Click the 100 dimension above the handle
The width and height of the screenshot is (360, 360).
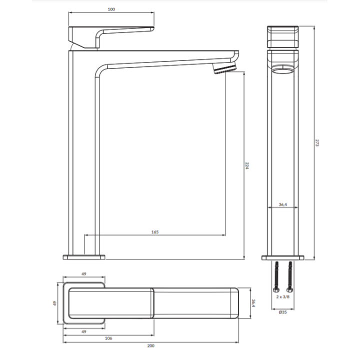(111, 9)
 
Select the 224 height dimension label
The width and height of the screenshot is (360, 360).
(247, 165)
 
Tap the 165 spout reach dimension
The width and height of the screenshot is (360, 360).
(155, 232)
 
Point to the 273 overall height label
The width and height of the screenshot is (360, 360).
(317, 142)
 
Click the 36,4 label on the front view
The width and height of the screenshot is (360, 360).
(282, 204)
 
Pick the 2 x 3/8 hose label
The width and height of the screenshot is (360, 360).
(282, 297)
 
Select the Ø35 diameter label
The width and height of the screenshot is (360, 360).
(282, 312)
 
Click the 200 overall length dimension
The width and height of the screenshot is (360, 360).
(151, 346)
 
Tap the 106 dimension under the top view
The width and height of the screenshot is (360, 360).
(108, 338)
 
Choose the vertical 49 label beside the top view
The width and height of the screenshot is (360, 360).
(54, 303)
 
